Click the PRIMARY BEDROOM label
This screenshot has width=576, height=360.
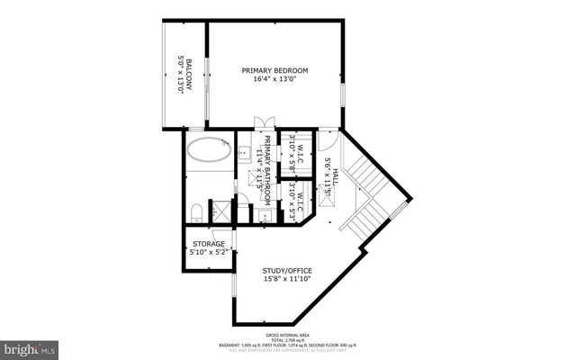pyautogui.click(x=275, y=70)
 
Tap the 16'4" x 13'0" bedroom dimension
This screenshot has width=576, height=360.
pyautogui.click(x=275, y=79)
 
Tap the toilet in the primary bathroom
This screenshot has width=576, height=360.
pyautogui.click(x=196, y=211)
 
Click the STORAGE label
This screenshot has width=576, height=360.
pyautogui.click(x=207, y=244)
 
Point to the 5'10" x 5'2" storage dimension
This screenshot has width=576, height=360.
pyautogui.click(x=207, y=253)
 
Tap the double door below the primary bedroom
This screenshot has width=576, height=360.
pyautogui.click(x=261, y=126)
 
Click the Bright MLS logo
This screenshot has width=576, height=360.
pyautogui.click(x=30, y=346)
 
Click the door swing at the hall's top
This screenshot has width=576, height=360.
pyautogui.click(x=328, y=140)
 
